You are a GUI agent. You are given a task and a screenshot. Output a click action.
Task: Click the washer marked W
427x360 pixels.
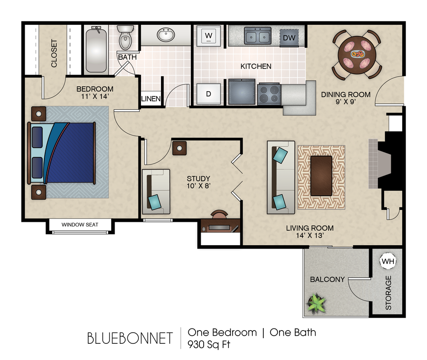click(208, 35)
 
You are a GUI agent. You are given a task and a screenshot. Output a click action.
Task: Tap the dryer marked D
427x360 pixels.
click(208, 94)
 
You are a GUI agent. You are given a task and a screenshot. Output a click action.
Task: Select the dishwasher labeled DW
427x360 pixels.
click(289, 38)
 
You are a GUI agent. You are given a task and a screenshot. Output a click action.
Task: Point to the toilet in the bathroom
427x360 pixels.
click(125, 38)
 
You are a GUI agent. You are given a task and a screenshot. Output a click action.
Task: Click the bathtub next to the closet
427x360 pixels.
click(96, 49)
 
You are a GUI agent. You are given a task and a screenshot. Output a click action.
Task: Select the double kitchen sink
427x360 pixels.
click(257, 35)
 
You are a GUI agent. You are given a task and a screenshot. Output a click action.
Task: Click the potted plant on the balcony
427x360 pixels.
click(316, 303)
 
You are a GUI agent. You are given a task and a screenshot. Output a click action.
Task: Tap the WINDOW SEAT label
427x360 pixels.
click(80, 224)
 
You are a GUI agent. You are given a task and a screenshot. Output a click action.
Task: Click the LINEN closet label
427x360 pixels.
click(151, 99)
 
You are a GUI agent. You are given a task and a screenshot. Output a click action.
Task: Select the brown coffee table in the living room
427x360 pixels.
click(321, 176)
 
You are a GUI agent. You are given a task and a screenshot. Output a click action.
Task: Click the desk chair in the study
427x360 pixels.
click(219, 214)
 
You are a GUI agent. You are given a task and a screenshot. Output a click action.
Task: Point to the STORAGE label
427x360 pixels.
click(388, 293)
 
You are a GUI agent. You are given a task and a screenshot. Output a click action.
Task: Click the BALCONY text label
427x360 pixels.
click(327, 279)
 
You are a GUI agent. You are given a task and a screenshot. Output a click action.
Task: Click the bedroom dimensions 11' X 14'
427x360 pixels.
click(95, 96)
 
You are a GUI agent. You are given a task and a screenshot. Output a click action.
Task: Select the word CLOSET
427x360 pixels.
click(54, 54)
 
